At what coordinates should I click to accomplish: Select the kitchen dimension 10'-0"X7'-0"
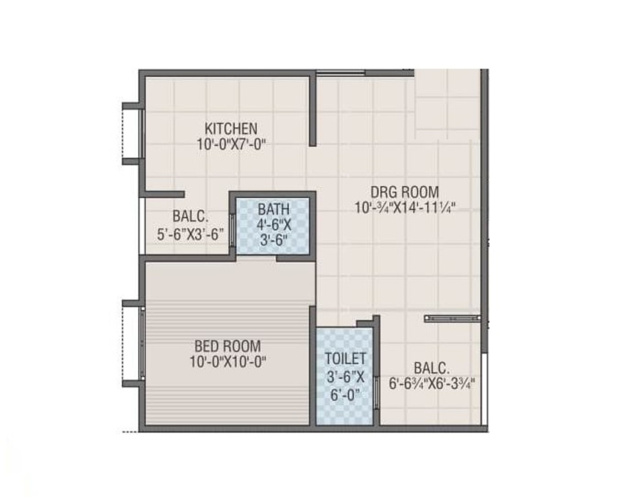click(x=232, y=145)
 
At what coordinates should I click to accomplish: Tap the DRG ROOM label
click(x=404, y=192)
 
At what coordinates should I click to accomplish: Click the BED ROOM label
click(x=228, y=346)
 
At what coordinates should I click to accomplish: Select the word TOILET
click(x=345, y=359)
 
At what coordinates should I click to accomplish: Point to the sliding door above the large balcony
click(x=452, y=318)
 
